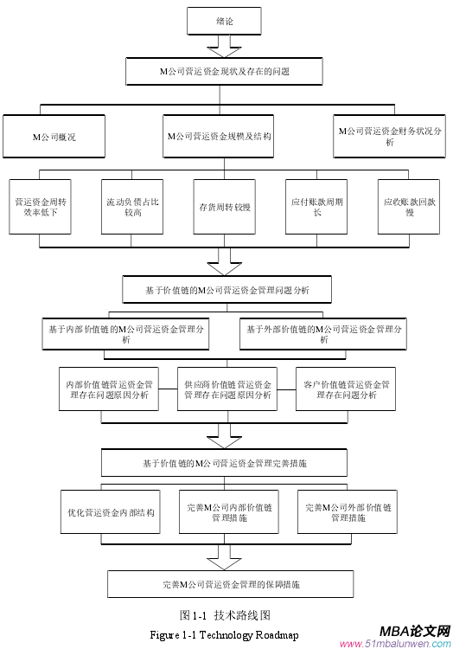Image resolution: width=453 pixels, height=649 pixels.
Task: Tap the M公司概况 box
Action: pyautogui.click(x=55, y=137)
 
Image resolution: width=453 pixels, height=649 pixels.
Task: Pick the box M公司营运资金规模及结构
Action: pyautogui.click(x=219, y=137)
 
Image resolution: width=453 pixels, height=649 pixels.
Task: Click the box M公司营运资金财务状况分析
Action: pyautogui.click(x=389, y=136)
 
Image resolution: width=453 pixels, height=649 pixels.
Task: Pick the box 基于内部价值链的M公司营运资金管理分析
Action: pyautogui.click(x=127, y=334)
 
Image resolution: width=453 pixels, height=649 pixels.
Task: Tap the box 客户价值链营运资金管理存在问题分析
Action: pyautogui.click(x=345, y=389)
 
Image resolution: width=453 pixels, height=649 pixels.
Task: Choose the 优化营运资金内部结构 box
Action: pyautogui.click(x=111, y=512)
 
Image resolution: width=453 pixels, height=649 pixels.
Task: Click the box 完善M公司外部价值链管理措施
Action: pyautogui.click(x=348, y=512)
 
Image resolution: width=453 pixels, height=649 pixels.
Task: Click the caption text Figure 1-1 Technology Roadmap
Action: pyautogui.click(x=224, y=635)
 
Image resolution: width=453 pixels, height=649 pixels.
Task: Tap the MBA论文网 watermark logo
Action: pyautogui.click(x=406, y=633)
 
